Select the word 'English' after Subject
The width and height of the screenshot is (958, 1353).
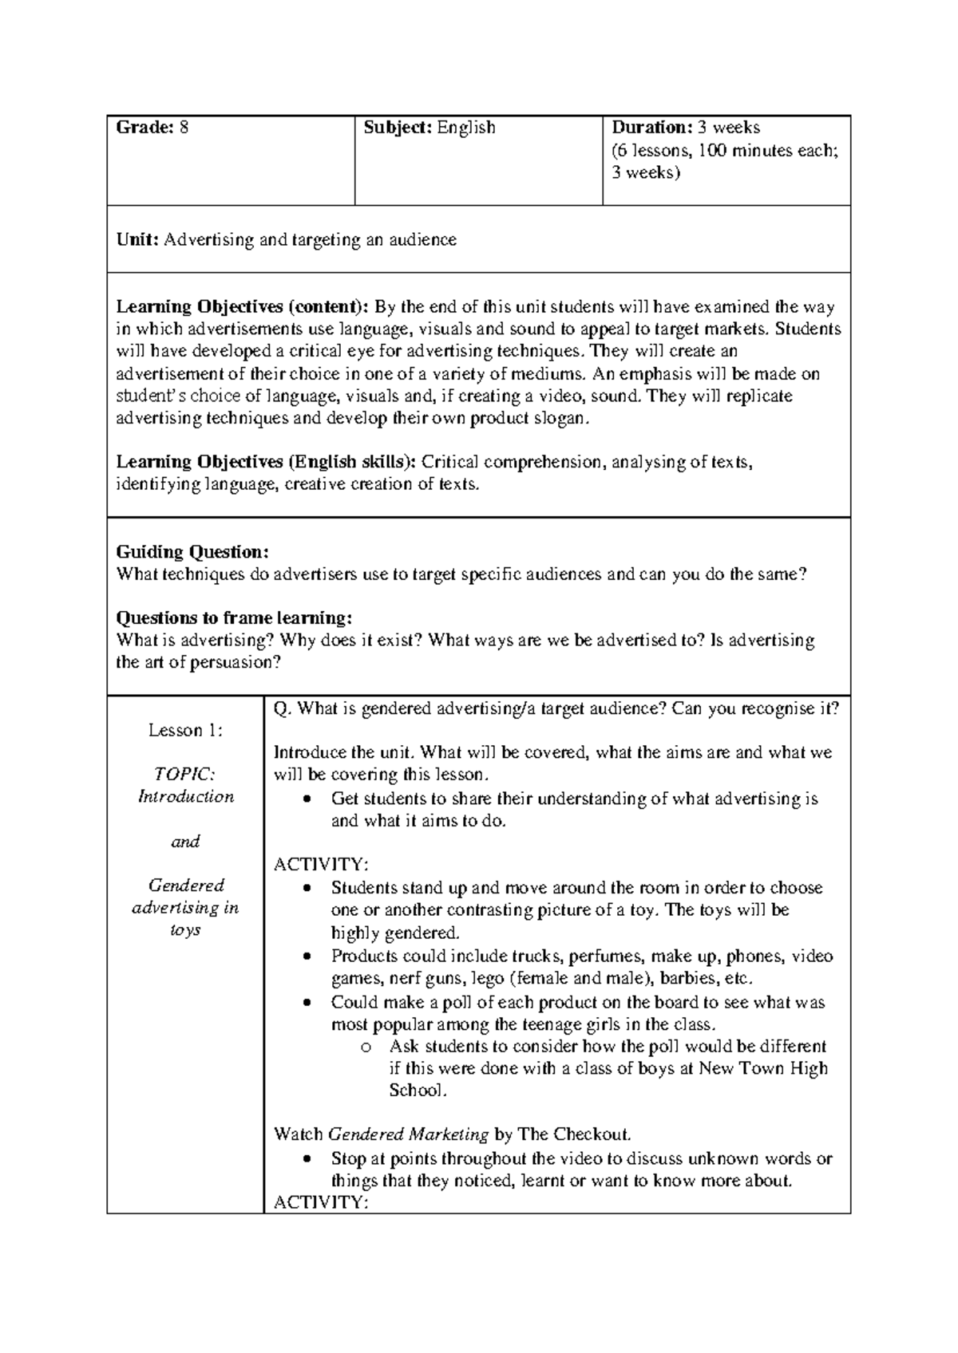pyautogui.click(x=466, y=128)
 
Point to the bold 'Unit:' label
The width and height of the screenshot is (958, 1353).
pyautogui.click(x=137, y=240)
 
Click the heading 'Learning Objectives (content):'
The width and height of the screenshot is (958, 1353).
pyautogui.click(x=243, y=307)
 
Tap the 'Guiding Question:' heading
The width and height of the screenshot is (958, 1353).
pyautogui.click(x=192, y=552)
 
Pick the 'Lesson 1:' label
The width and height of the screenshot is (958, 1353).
pyautogui.click(x=185, y=730)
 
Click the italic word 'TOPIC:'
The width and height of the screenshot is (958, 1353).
pyautogui.click(x=184, y=774)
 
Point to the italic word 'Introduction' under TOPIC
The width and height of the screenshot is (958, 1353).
pyautogui.click(x=185, y=796)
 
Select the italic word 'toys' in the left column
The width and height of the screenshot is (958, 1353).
pyautogui.click(x=185, y=930)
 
